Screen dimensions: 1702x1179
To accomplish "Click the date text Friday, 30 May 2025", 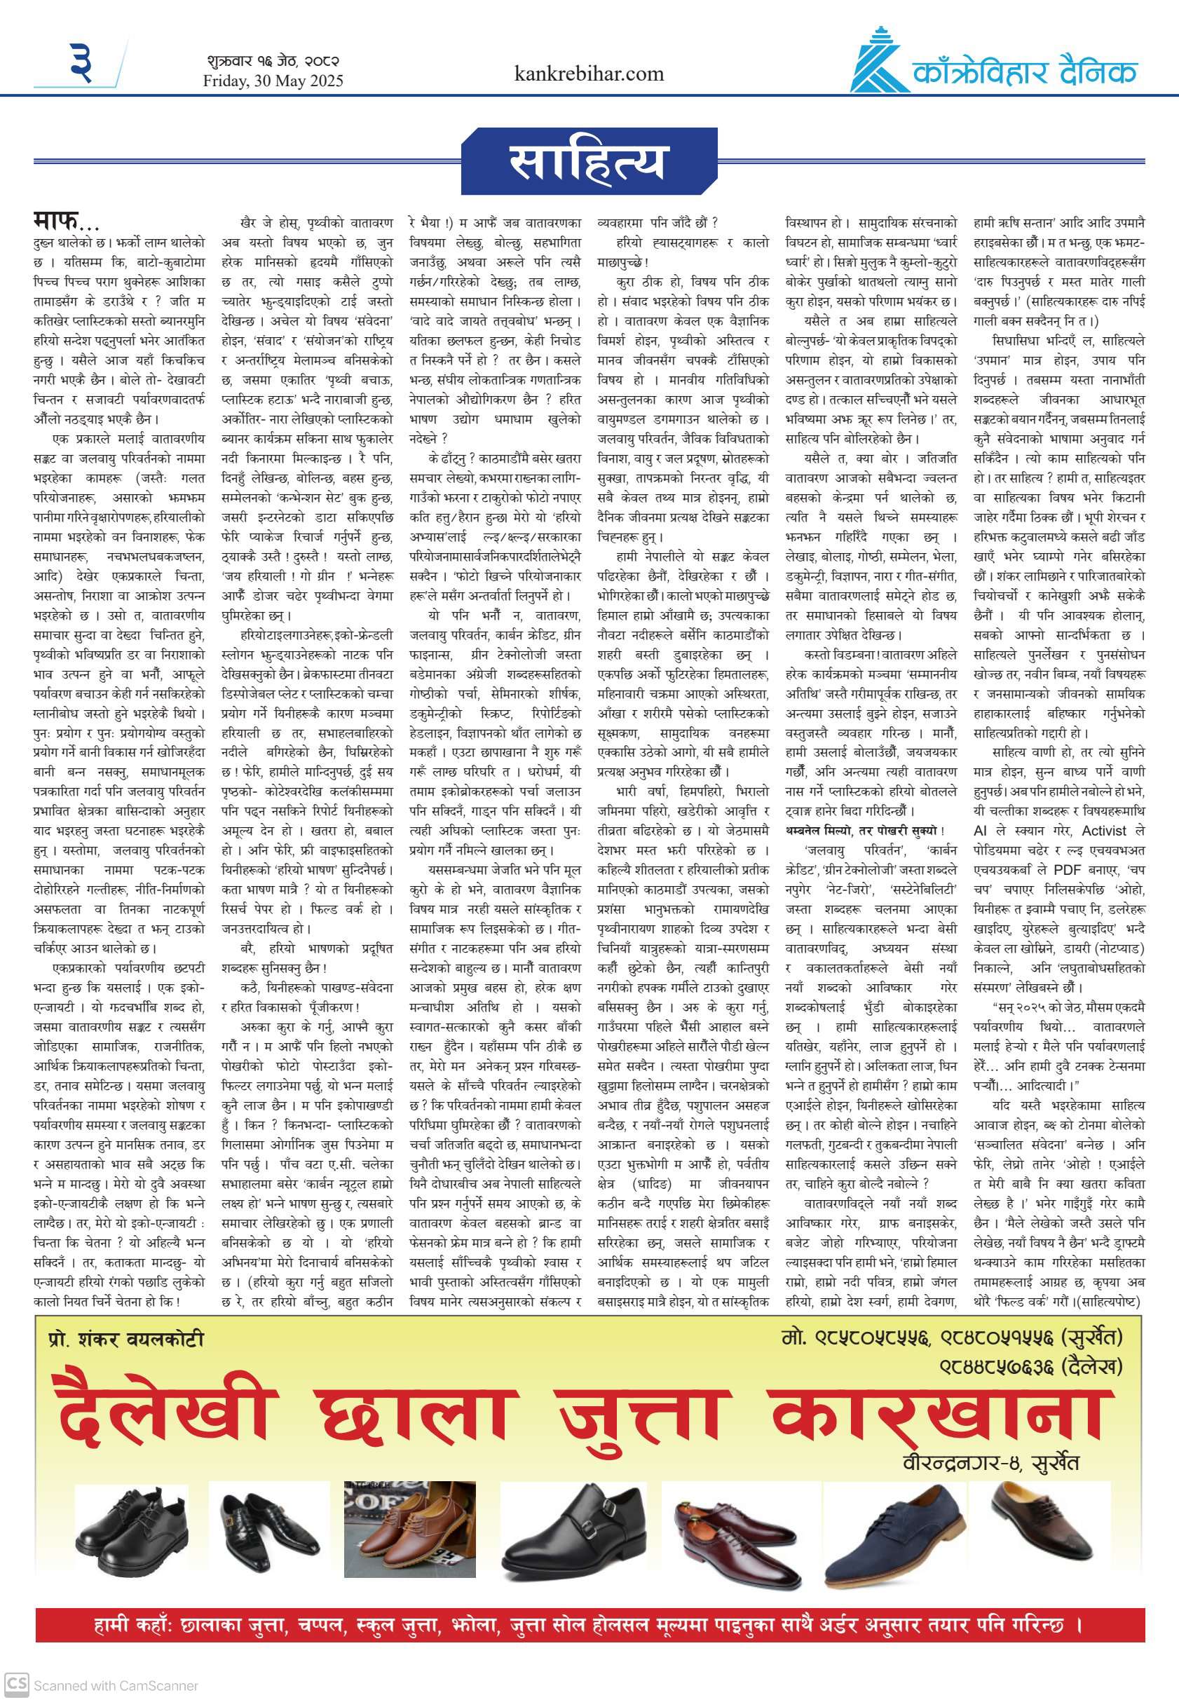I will click(x=273, y=81).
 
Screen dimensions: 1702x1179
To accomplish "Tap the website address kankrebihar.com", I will click(x=589, y=74).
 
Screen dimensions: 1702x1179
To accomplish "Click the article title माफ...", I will click(x=65, y=220).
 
